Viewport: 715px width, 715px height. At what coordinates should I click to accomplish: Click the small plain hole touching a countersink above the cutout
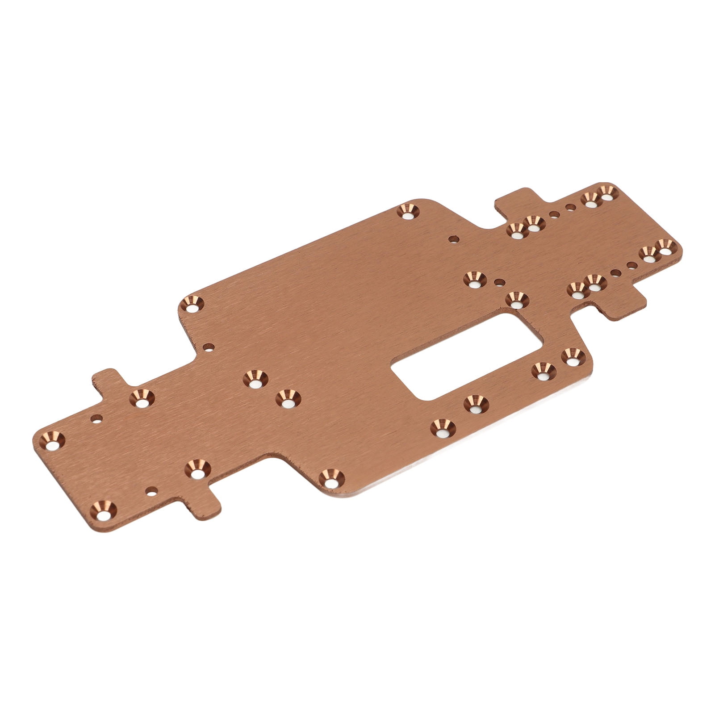pyautogui.click(x=499, y=282)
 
